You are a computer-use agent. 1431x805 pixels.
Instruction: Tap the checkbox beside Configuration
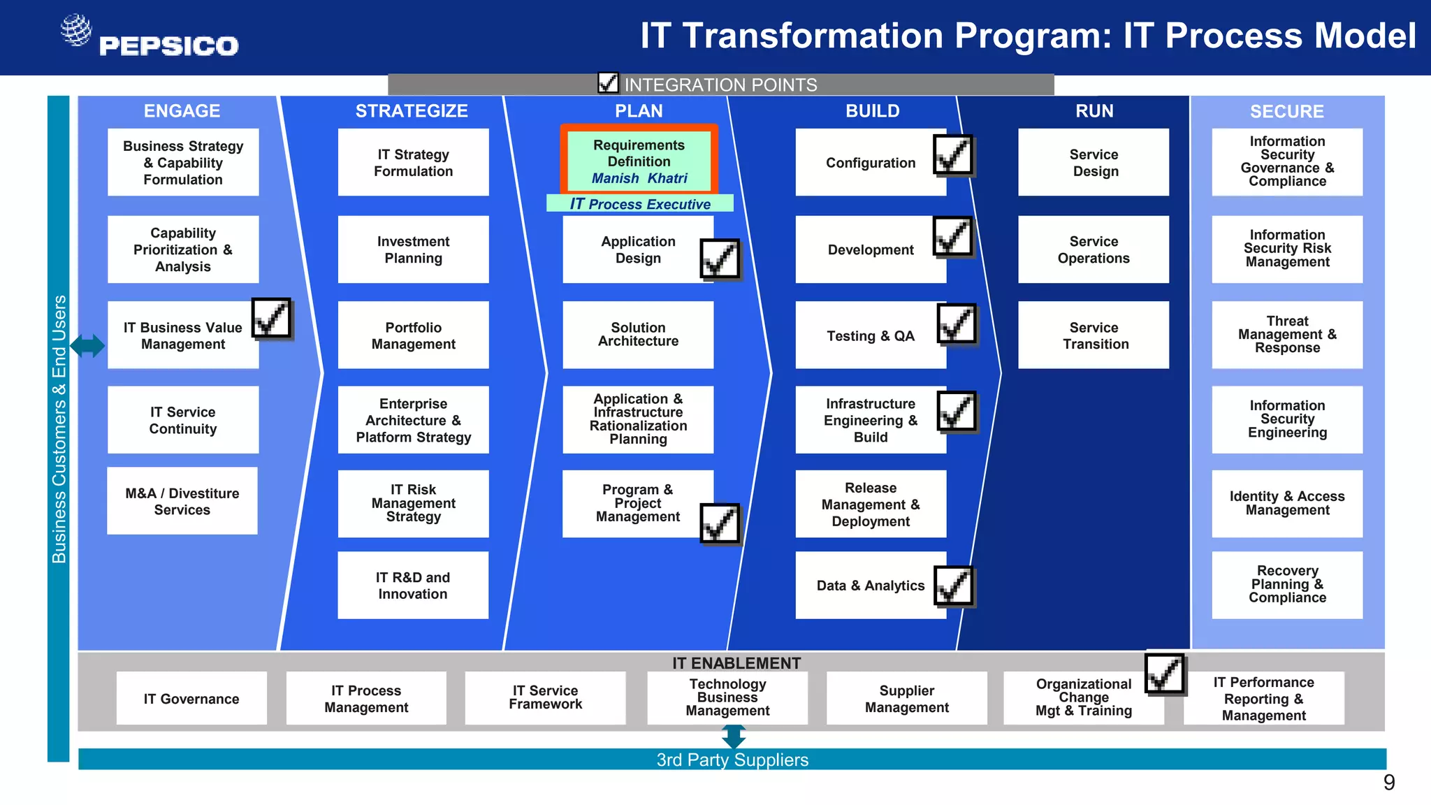952,155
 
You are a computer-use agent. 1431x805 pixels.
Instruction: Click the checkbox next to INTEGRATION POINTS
608,83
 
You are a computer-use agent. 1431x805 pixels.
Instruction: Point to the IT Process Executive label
640,204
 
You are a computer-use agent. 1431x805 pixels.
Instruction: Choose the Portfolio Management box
413,335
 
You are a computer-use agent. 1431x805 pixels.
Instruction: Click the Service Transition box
1094,335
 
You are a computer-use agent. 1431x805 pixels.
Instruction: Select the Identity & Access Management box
1287,503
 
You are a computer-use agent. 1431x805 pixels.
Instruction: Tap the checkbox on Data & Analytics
953,586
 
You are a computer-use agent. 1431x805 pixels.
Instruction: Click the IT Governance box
191,699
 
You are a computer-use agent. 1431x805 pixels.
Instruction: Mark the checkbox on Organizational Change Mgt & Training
1165,674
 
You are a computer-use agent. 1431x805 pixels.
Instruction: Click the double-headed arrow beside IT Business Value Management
88,345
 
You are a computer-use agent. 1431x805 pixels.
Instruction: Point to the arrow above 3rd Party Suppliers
734,737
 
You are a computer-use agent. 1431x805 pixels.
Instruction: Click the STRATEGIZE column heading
412,111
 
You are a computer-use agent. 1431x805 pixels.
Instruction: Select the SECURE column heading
1287,112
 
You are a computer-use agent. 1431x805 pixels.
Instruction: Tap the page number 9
1389,783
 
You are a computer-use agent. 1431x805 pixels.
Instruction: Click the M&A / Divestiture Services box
182,501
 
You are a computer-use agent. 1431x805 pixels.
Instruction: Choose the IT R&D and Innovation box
413,586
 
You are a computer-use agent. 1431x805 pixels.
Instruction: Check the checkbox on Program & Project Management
720,523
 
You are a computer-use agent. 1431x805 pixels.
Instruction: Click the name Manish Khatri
639,178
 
